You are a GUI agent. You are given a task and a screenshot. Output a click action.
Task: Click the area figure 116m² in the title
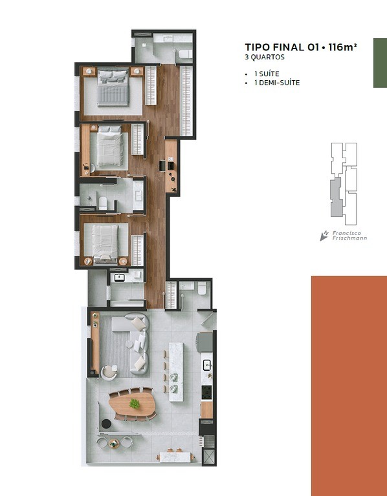click(x=342, y=47)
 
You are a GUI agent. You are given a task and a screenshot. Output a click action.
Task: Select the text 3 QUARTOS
click(x=265, y=57)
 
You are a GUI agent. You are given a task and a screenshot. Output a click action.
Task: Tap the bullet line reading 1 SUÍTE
click(x=267, y=74)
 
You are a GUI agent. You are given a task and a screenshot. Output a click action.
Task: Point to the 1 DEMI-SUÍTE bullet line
click(x=277, y=83)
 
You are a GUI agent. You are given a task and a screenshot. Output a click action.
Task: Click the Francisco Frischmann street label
click(x=349, y=236)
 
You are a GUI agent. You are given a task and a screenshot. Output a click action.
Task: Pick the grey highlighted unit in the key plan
click(x=336, y=197)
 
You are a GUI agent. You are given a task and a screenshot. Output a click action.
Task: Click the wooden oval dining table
click(x=132, y=404)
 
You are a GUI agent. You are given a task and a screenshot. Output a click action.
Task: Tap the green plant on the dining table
click(x=135, y=403)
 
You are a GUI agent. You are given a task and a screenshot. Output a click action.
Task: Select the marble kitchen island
click(x=176, y=372)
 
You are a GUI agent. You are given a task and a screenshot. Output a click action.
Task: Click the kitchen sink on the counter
click(x=207, y=365)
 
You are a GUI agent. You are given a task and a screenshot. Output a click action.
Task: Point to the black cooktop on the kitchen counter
click(x=207, y=392)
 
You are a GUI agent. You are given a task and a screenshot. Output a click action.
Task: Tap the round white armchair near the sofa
click(x=109, y=372)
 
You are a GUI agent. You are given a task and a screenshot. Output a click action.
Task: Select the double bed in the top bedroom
click(x=113, y=88)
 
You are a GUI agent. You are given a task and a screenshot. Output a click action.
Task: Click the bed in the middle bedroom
click(x=109, y=146)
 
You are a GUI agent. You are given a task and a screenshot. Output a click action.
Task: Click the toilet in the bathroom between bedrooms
click(x=103, y=203)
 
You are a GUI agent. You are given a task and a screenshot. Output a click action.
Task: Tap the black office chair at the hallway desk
click(x=162, y=166)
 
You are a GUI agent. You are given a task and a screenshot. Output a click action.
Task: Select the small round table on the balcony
click(x=114, y=444)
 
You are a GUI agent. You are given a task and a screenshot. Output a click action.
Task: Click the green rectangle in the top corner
click(x=380, y=63)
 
